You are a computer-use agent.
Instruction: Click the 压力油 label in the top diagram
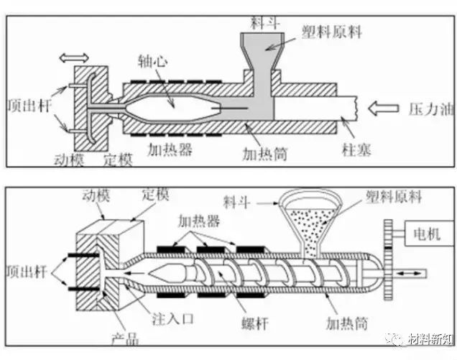pos(431,109)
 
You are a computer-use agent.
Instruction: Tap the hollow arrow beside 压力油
pos(383,109)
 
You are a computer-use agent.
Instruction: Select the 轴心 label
pos(153,62)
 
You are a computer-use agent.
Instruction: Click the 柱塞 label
pos(356,150)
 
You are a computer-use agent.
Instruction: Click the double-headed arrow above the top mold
pos(73,57)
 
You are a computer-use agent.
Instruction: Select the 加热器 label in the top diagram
pos(170,149)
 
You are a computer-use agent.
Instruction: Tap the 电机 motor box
pos(429,234)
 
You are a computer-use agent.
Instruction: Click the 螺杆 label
pos(255,323)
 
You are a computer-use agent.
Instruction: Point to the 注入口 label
pos(173,319)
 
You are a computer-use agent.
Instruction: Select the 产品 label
pos(125,338)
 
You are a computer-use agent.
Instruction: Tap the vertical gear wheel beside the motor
pos(388,259)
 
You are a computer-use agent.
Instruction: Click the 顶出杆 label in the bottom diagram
pos(27,272)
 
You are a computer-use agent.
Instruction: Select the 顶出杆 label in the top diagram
pos(29,105)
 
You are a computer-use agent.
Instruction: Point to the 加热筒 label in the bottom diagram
pos(347,323)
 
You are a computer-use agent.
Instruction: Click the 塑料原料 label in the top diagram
pos(332,32)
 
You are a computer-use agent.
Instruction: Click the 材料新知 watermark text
pos(430,339)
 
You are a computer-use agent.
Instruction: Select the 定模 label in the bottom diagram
pos(155,195)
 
